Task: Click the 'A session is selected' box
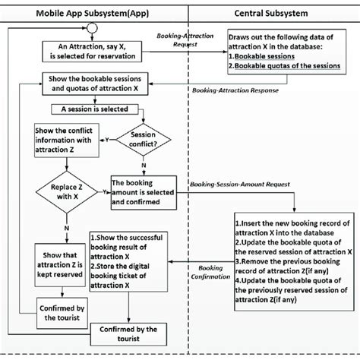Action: tap(88, 109)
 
